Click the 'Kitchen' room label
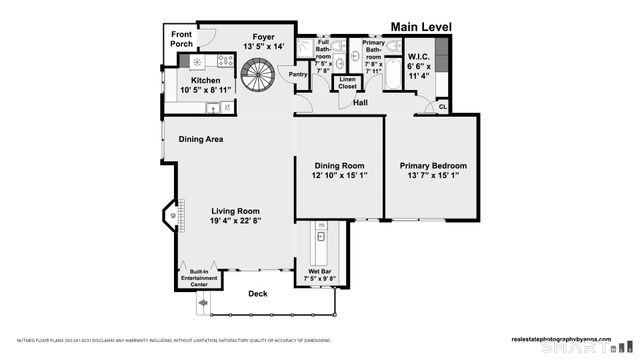click(x=206, y=80)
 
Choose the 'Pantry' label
click(x=298, y=74)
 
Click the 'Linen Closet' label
click(x=347, y=84)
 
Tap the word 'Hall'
click(x=360, y=102)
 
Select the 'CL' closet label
click(x=443, y=106)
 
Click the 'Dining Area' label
click(x=201, y=140)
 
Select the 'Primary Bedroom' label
click(x=433, y=165)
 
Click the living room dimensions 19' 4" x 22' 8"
click(x=235, y=222)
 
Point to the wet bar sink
click(x=322, y=239)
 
